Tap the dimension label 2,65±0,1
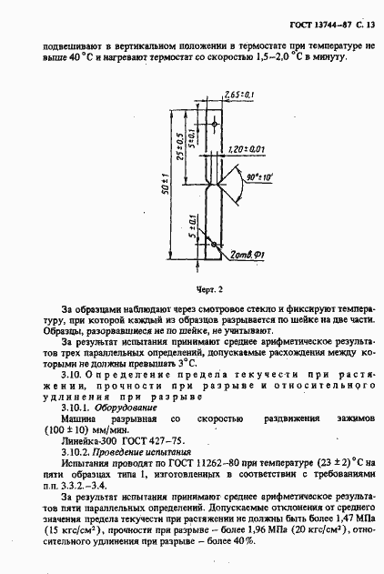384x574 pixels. pos(237,94)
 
